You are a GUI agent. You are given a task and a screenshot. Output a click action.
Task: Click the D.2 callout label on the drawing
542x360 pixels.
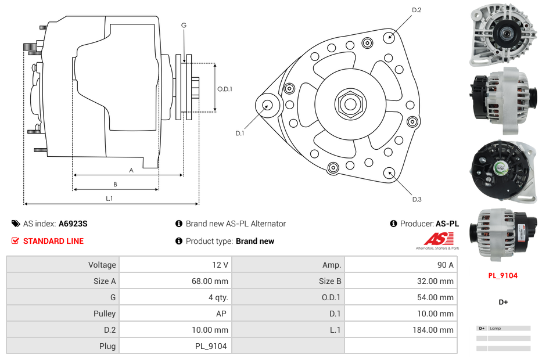[x=416, y=10]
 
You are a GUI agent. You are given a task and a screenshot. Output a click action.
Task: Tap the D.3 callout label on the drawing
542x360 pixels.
[x=416, y=199]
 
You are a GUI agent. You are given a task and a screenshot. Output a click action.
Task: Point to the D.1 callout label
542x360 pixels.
[x=239, y=133]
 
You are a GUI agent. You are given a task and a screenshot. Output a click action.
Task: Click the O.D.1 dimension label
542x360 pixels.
[x=225, y=89]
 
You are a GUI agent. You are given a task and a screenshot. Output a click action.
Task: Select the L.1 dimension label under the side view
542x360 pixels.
[x=109, y=199]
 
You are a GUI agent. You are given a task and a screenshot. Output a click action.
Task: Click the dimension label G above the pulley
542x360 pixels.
[x=184, y=25]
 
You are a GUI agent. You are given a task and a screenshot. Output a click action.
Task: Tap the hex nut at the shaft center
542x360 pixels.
[x=349, y=105]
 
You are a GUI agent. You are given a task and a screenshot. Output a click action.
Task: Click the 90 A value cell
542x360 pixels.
[x=445, y=265]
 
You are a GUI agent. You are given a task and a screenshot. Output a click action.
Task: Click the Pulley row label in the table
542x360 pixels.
[x=105, y=314]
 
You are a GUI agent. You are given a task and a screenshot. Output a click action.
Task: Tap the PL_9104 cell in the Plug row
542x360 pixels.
[x=211, y=346]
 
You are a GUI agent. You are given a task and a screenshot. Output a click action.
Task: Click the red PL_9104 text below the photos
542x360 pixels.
[x=502, y=276]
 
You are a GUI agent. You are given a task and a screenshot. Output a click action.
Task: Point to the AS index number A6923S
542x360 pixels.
[x=73, y=224]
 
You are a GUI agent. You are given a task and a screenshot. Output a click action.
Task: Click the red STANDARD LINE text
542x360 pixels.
[x=53, y=241]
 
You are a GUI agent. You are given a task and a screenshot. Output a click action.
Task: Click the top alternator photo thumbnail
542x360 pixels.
[x=502, y=35]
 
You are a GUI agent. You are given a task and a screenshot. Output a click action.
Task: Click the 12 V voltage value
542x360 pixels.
[x=220, y=265]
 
